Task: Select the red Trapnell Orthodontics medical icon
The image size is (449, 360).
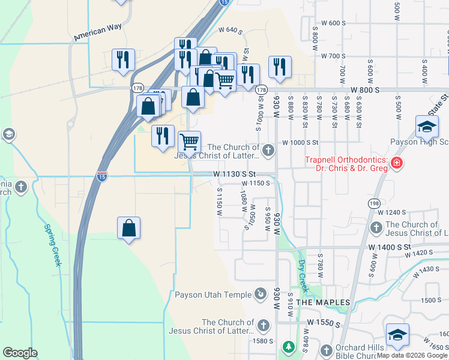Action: click(x=396, y=163)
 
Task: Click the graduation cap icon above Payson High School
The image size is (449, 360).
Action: click(x=426, y=127)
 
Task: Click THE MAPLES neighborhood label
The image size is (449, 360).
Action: click(x=323, y=302)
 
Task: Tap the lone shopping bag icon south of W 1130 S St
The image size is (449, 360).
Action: click(x=128, y=229)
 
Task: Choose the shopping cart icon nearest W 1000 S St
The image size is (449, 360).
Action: click(x=190, y=142)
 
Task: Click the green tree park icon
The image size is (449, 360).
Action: click(x=289, y=347)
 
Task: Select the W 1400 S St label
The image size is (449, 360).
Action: click(x=390, y=247)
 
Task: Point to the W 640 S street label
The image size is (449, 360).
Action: click(x=230, y=29)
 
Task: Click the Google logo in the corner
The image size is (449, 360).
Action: click(x=20, y=353)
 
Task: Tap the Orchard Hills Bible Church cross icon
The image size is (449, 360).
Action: click(x=327, y=350)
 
